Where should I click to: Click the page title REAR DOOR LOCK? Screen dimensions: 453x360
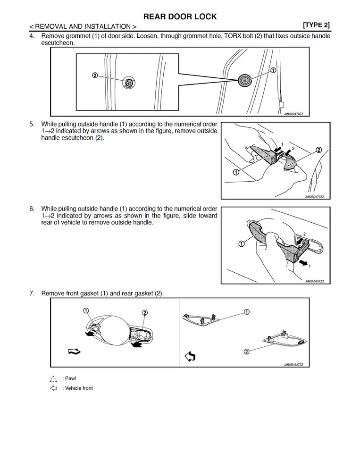[180, 17]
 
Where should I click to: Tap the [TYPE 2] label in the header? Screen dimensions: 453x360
[316, 25]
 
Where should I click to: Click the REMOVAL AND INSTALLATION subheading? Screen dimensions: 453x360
[83, 26]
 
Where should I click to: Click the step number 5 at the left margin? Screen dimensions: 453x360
[32, 124]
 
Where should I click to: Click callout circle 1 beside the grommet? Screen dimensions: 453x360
[273, 70]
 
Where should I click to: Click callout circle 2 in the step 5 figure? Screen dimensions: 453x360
[318, 150]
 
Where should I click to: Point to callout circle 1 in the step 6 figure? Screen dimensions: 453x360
[241, 244]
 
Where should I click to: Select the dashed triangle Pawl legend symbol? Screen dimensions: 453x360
[53, 378]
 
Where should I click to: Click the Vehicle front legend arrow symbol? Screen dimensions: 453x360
[53, 388]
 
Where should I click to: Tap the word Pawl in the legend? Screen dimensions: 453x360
[70, 378]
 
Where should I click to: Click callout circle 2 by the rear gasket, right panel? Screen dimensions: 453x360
[246, 351]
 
